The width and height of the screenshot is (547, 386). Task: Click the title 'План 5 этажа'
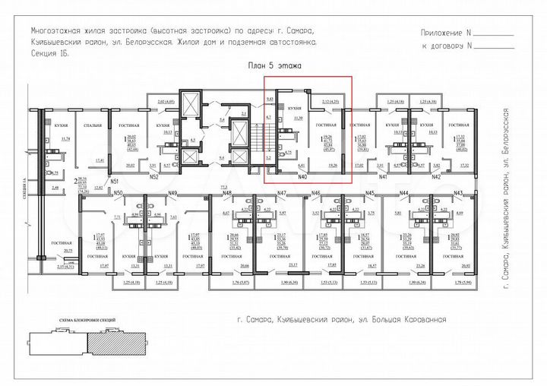click(275, 67)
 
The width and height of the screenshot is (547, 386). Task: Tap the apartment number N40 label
click(302, 177)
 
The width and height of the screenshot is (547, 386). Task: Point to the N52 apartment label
click(153, 177)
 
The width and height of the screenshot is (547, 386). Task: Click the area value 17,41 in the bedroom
click(100, 160)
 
